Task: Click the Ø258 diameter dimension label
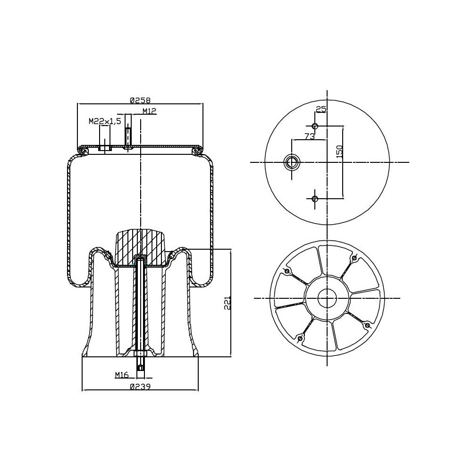140,100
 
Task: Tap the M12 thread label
149,111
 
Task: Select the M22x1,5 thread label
105,121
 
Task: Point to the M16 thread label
122,374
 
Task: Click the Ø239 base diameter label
140,387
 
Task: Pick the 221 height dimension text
228,303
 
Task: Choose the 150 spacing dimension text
339,152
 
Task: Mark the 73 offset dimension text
310,136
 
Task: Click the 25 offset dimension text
321,110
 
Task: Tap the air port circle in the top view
292,162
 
